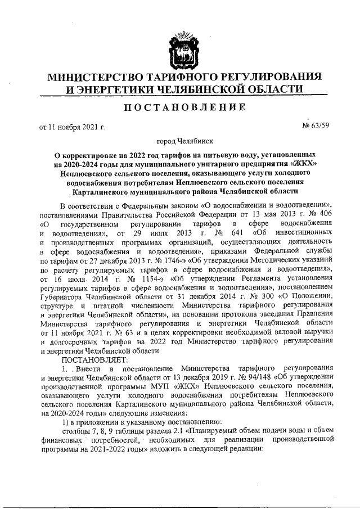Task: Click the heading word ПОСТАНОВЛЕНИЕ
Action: (x=180, y=107)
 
